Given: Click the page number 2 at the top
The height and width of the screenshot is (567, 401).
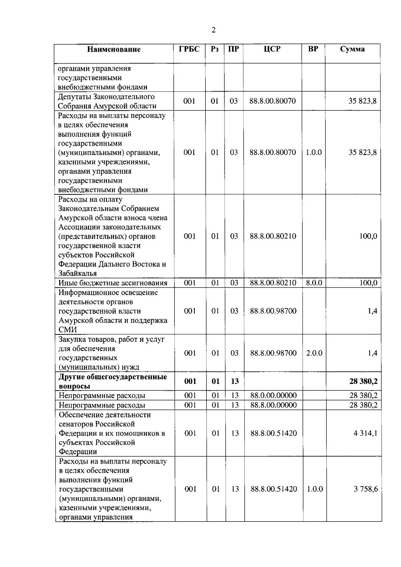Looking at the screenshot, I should click(214, 30).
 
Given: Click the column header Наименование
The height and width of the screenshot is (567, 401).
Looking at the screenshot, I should click(114, 49).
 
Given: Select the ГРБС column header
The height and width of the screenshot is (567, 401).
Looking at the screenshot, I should click(189, 49).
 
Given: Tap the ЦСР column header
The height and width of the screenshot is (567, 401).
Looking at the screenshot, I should click(272, 49).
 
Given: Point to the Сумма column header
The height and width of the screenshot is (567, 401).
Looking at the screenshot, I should click(352, 49).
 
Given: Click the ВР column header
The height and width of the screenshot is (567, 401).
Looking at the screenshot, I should click(313, 49).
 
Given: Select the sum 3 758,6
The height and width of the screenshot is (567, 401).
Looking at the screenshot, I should click(366, 489).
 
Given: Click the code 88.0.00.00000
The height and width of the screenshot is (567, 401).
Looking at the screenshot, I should click(273, 396).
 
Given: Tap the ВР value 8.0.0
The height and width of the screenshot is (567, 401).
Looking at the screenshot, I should click(314, 283).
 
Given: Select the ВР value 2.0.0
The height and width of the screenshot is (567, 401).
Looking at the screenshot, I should click(314, 353).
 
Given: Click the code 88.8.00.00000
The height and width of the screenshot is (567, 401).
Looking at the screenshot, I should click(273, 405).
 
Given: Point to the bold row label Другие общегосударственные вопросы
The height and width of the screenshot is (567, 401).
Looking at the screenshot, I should click(113, 381).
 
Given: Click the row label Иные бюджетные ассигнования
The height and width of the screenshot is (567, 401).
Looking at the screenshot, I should click(113, 283).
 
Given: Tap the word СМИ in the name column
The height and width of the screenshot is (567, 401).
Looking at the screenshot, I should click(68, 329).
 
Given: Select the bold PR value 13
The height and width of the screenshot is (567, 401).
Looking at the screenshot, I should click(235, 381).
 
